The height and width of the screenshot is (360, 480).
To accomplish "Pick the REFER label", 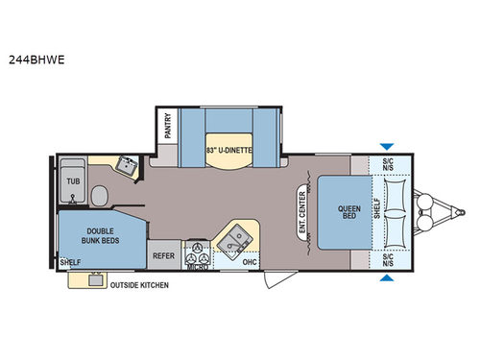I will coord(163,256).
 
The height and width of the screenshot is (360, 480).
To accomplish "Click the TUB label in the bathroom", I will coord(73,180).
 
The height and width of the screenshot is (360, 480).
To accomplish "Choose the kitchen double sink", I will coord(233,236).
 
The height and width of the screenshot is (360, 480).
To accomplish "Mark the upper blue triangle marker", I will coord(386,146).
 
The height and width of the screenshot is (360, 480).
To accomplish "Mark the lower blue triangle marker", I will coord(386,278).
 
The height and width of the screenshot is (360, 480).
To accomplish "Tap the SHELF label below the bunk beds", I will coord(69,262).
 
